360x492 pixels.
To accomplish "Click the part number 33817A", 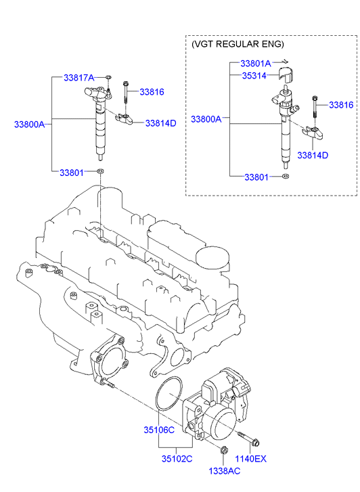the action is point(78,78).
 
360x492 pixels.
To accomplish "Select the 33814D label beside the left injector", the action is point(160,123).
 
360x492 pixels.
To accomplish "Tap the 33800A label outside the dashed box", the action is point(30,125).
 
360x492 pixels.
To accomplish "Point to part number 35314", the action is point(254,76).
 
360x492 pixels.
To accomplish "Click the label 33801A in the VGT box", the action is point(256,64).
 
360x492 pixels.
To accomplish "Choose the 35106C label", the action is point(159,430).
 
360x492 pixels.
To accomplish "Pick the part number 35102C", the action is point(177,458).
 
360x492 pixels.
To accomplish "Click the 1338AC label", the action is point(225,470).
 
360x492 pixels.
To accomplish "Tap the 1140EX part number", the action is point(251,459).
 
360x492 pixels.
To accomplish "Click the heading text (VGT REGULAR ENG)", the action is point(238,44).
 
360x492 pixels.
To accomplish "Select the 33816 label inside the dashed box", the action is point(341,105).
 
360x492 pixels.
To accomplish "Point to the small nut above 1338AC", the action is point(223,449).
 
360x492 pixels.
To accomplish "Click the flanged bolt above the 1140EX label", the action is point(248,439).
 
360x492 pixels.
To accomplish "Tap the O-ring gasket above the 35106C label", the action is point(156,393).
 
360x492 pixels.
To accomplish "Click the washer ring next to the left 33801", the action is point(100,171).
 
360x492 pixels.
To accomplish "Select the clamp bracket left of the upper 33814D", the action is point(125,118).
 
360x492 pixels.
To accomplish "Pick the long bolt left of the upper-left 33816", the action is point(126,92).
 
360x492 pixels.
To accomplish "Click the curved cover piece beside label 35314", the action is point(284,75).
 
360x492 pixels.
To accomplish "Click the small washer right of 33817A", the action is point(109,77).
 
